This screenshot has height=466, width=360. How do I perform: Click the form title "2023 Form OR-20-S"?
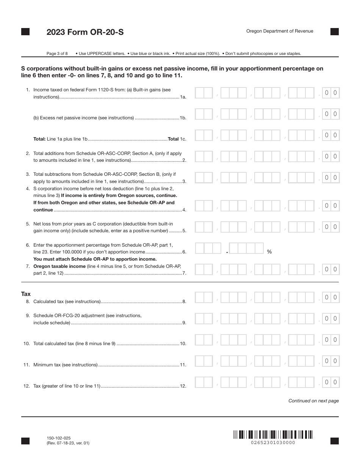[x=85, y=32]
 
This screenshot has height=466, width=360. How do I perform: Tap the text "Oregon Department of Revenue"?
[x=280, y=31]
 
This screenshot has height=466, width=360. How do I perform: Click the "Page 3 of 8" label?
[x=57, y=53]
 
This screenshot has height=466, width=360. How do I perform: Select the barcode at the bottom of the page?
[x=273, y=434]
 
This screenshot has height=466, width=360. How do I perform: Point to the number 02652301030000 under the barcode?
[x=273, y=443]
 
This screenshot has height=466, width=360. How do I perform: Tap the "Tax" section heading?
[x=26, y=294]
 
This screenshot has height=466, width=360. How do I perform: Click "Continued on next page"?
[x=313, y=401]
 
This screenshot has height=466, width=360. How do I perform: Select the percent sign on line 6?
[x=269, y=252]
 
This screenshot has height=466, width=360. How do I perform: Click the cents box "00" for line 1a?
[x=330, y=93]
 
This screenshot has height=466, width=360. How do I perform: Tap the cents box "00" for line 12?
[x=330, y=382]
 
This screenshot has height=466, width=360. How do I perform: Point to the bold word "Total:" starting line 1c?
[x=39, y=139]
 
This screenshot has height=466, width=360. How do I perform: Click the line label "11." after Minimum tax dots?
[x=183, y=365]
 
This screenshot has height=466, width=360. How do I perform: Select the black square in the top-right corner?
[x=335, y=32]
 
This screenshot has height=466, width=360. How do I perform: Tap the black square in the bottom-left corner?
[x=25, y=441]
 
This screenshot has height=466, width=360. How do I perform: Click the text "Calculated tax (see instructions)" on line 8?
[x=67, y=302]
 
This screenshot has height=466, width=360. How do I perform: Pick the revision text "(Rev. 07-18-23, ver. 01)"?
[x=68, y=443]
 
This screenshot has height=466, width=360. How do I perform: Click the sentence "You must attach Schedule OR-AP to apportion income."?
[x=95, y=259]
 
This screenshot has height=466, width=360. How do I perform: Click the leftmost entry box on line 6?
[x=208, y=248]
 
